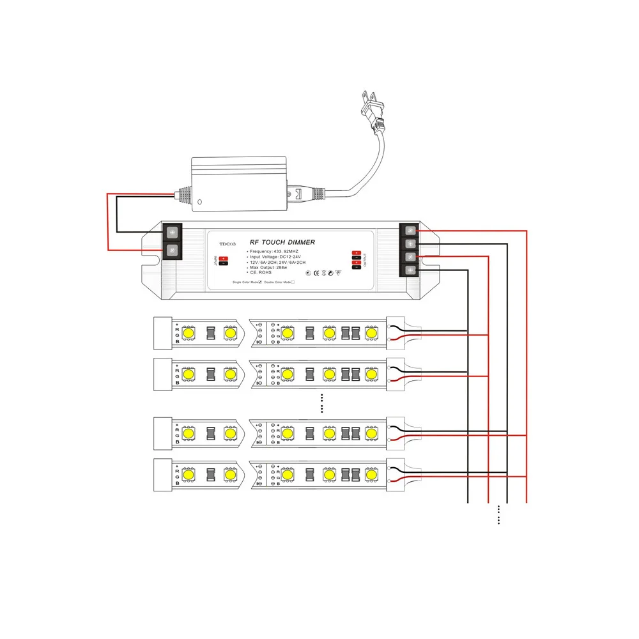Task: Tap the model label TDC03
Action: [227, 243]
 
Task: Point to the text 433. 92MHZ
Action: [285, 253]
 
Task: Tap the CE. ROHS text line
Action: [261, 273]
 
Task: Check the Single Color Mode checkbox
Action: [261, 282]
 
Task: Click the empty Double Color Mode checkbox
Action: [293, 282]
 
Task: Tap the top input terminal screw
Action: [172, 232]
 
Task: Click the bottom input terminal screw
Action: [172, 250]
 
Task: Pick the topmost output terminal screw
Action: [409, 231]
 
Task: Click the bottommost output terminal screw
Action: [409, 270]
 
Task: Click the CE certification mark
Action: [316, 273]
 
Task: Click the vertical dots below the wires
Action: [498, 515]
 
